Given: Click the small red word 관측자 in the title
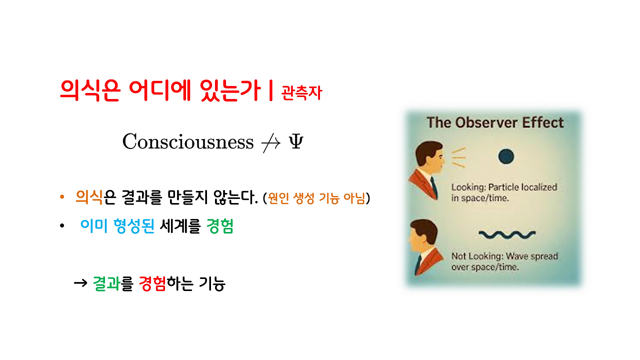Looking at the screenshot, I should (301, 93).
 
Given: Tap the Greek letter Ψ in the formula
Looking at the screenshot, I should (295, 142).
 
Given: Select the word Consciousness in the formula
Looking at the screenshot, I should (188, 142).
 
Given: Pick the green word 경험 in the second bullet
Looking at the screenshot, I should (220, 227).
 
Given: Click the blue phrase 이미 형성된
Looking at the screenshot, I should (117, 227).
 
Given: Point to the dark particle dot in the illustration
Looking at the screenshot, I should (506, 157).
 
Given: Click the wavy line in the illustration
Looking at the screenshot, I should (507, 233).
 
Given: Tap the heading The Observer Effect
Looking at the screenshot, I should (494, 123).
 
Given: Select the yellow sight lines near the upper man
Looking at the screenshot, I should (458, 157).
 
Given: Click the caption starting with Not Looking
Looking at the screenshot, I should (504, 261).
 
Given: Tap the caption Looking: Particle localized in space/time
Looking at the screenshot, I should (503, 192).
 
